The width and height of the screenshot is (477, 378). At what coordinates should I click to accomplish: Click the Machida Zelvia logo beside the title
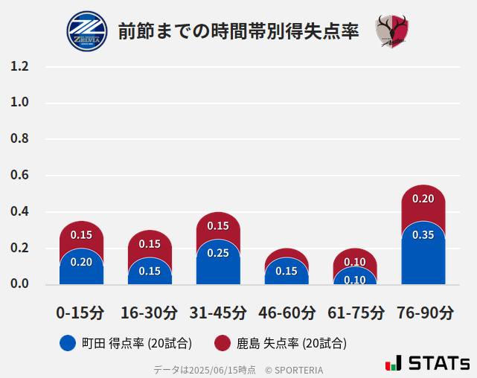coord(87,31)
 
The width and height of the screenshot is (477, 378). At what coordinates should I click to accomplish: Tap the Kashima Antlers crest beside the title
coord(391,31)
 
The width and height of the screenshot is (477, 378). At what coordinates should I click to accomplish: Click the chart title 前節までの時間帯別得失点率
coord(238,31)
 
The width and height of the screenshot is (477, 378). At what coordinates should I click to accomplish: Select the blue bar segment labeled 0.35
coord(423,253)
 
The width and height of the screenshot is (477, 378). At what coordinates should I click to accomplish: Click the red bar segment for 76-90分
coord(423,201)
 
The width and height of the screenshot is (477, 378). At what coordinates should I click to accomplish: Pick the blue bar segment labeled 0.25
coord(218,262)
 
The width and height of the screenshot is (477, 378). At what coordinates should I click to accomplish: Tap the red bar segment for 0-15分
coord(81,235)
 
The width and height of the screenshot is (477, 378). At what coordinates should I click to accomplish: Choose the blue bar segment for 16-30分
coord(150,271)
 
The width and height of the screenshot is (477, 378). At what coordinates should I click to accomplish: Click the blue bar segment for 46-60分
coord(286,271)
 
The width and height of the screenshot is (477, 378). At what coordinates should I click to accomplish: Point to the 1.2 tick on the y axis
coord(19,66)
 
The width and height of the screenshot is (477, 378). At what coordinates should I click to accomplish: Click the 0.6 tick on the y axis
coord(19,175)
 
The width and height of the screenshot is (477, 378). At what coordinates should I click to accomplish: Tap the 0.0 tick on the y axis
coord(19,283)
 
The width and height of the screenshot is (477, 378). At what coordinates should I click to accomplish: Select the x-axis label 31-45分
coord(218,312)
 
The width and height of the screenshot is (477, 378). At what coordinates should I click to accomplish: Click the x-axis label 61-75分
coord(355,312)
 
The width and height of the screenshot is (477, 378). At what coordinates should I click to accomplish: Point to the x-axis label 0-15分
coord(81,312)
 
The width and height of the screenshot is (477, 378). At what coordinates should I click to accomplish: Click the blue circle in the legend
coord(67,343)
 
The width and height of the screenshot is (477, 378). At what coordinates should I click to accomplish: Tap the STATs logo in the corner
coord(427,363)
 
